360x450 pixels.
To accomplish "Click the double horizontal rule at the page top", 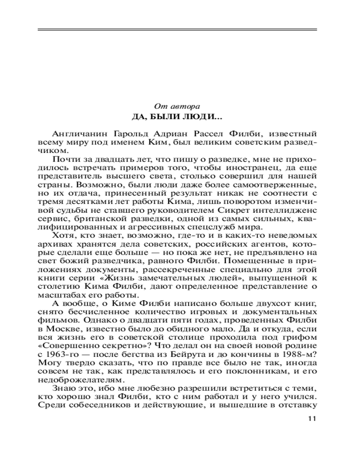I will (177, 30).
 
